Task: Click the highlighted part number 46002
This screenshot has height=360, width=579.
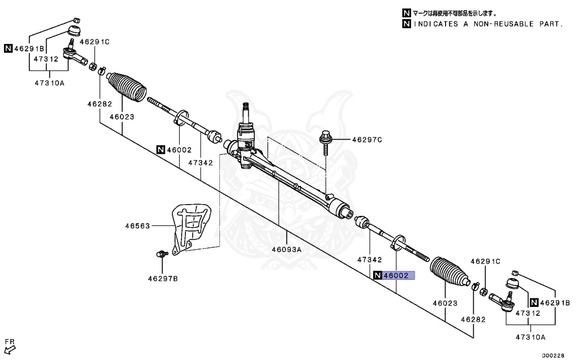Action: pos(396,276)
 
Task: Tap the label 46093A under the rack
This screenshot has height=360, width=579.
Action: pos(287,249)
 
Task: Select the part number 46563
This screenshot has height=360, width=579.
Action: pos(137,226)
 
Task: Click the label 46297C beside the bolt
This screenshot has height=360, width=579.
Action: pos(367,139)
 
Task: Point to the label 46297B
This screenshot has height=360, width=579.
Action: pos(163,278)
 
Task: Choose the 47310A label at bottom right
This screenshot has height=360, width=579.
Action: pos(530,337)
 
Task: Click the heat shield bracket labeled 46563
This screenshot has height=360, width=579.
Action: pos(189,226)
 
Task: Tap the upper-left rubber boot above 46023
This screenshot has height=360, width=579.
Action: pos(126,88)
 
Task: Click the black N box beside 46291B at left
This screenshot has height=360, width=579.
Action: pos(8,48)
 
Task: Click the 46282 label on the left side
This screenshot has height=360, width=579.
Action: pos(100,104)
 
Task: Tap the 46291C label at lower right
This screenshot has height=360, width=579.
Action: pos(486,261)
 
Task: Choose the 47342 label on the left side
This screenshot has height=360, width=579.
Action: pos(201,163)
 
